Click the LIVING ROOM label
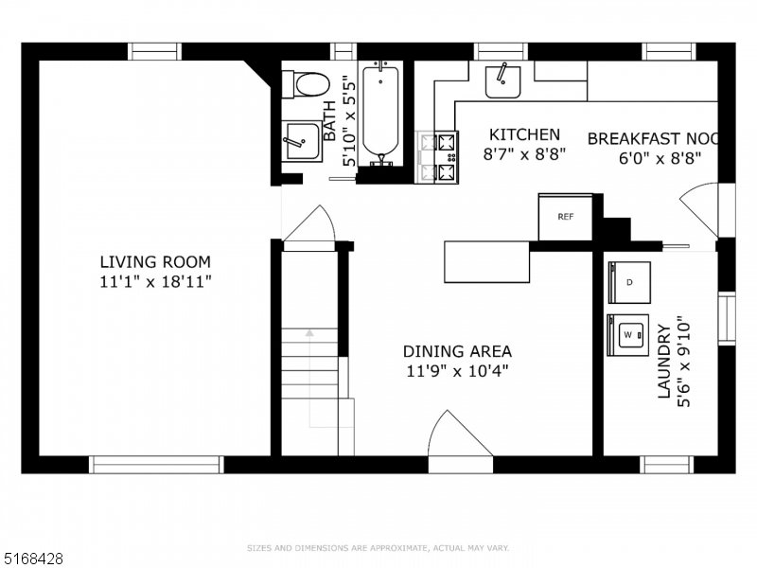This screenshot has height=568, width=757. (x=156, y=262)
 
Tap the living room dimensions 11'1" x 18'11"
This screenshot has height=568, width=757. (x=156, y=281)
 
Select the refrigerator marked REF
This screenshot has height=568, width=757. (x=566, y=217)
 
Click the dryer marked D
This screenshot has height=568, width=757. (x=629, y=282)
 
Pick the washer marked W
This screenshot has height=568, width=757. (x=628, y=334)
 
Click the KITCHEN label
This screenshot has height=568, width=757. (x=523, y=135)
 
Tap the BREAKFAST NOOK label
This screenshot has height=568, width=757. (x=654, y=138)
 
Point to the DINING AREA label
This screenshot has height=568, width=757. (x=457, y=351)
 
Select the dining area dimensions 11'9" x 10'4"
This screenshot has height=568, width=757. (x=457, y=371)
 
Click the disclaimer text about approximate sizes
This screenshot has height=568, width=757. (x=378, y=547)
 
